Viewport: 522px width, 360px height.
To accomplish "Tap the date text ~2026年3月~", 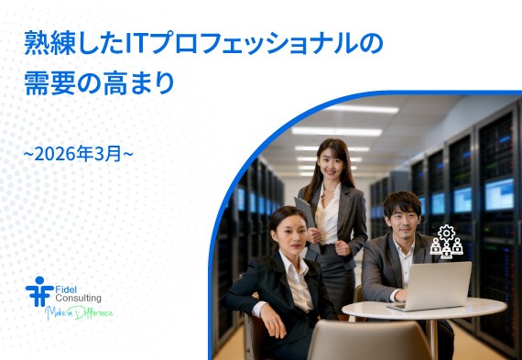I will click(x=79, y=152).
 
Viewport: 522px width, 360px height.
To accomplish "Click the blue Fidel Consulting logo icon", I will click(x=38, y=290).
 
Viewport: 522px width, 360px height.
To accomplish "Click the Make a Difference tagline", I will click(x=80, y=313).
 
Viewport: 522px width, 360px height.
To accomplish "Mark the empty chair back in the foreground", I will click(x=356, y=340).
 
